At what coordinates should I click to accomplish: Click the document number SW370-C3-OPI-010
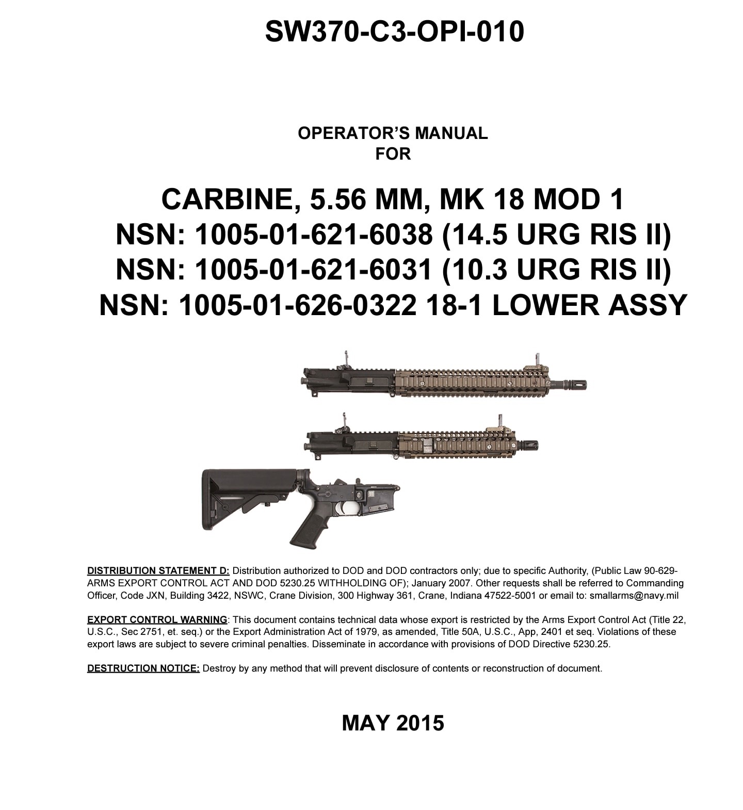[x=394, y=32]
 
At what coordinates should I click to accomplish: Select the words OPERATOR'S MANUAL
[x=393, y=133]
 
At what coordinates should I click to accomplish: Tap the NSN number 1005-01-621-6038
[x=313, y=235]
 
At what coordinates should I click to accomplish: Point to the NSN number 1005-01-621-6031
[x=313, y=270]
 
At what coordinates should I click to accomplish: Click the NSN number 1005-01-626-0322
[x=297, y=305]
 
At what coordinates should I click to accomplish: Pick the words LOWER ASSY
[x=590, y=305]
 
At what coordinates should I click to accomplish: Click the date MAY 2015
[x=393, y=723]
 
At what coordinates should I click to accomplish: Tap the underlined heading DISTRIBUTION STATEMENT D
[x=158, y=571]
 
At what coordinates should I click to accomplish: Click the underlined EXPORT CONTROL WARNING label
[x=157, y=619]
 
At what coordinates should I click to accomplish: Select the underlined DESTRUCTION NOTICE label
[x=143, y=668]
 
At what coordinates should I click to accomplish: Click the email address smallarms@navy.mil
[x=634, y=595]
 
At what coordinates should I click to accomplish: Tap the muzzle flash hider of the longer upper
[x=573, y=385]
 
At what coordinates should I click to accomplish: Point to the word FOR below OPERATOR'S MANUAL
[x=393, y=154]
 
